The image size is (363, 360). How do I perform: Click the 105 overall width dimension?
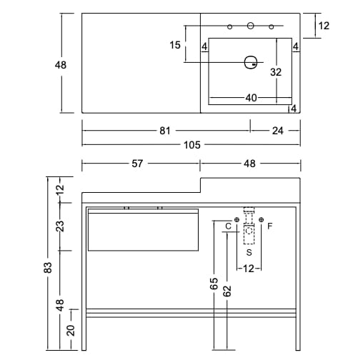(192, 145)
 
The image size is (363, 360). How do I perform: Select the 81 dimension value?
(165, 131)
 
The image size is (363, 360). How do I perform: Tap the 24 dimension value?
(278, 131)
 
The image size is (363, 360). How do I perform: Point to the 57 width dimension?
(137, 164)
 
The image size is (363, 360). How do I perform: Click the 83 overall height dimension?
(48, 267)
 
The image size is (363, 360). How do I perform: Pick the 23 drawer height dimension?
(60, 226)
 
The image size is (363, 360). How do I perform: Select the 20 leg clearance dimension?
(71, 330)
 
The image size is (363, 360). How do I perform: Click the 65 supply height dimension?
(214, 284)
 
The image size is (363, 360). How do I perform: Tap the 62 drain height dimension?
(227, 291)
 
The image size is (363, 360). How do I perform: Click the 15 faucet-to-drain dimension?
(175, 45)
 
